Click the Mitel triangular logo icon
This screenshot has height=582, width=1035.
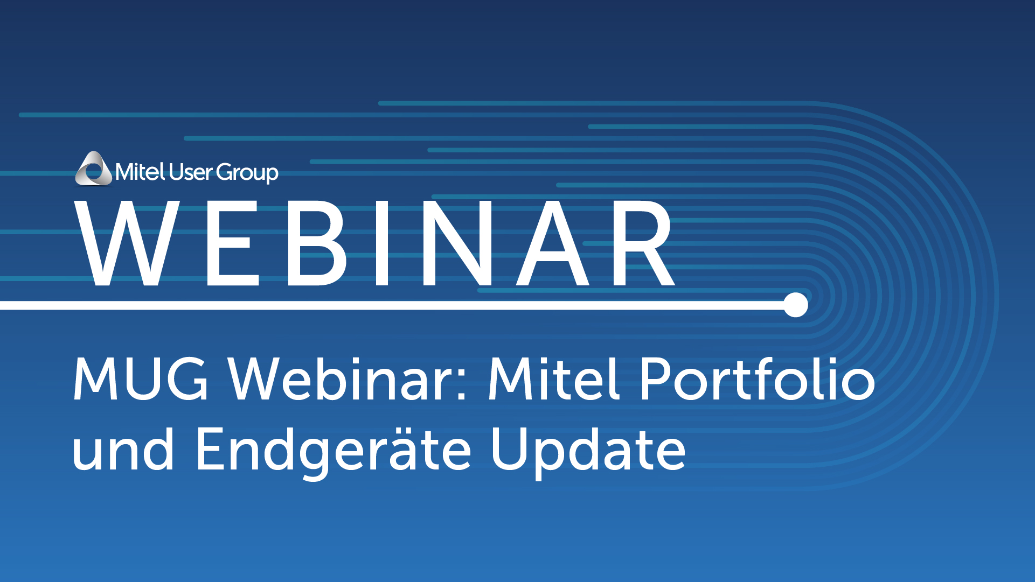(94, 169)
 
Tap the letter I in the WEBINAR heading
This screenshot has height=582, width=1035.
(382, 243)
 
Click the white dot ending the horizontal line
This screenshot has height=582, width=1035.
(796, 305)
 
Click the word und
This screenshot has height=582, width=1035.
(123, 448)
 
